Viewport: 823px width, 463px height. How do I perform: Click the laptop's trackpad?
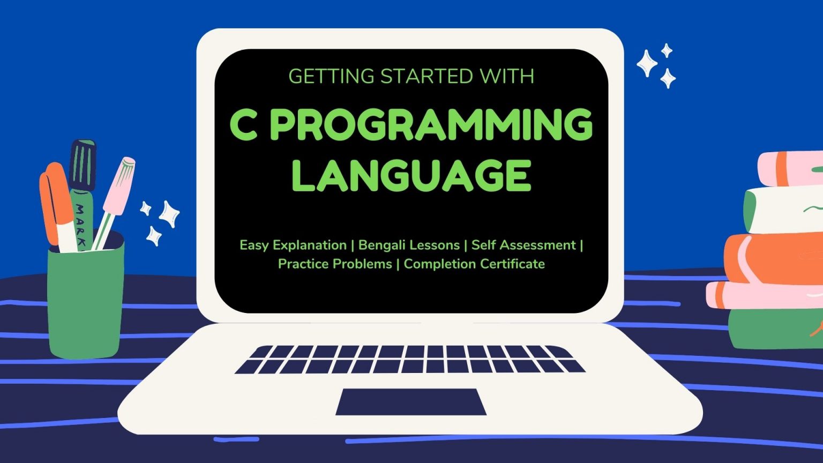411,402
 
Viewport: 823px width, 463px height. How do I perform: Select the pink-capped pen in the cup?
116,198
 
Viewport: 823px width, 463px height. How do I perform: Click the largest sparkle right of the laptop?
647,63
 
